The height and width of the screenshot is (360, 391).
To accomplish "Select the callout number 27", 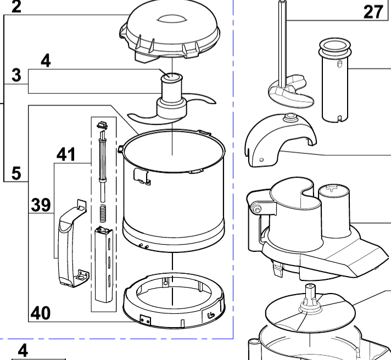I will pos(373,11).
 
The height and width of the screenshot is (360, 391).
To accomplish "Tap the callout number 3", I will pos(16,75).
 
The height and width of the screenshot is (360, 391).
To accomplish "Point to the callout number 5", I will pos(16,173).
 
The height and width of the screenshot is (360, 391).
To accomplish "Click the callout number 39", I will pos(40,205).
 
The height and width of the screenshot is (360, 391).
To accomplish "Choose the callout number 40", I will pos(40,313).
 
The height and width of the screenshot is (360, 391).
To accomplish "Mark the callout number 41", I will pos(66,155).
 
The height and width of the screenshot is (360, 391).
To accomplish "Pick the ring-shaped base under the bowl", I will pos(172,299).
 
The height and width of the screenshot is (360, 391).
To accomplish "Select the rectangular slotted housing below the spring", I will pos(104,263).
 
